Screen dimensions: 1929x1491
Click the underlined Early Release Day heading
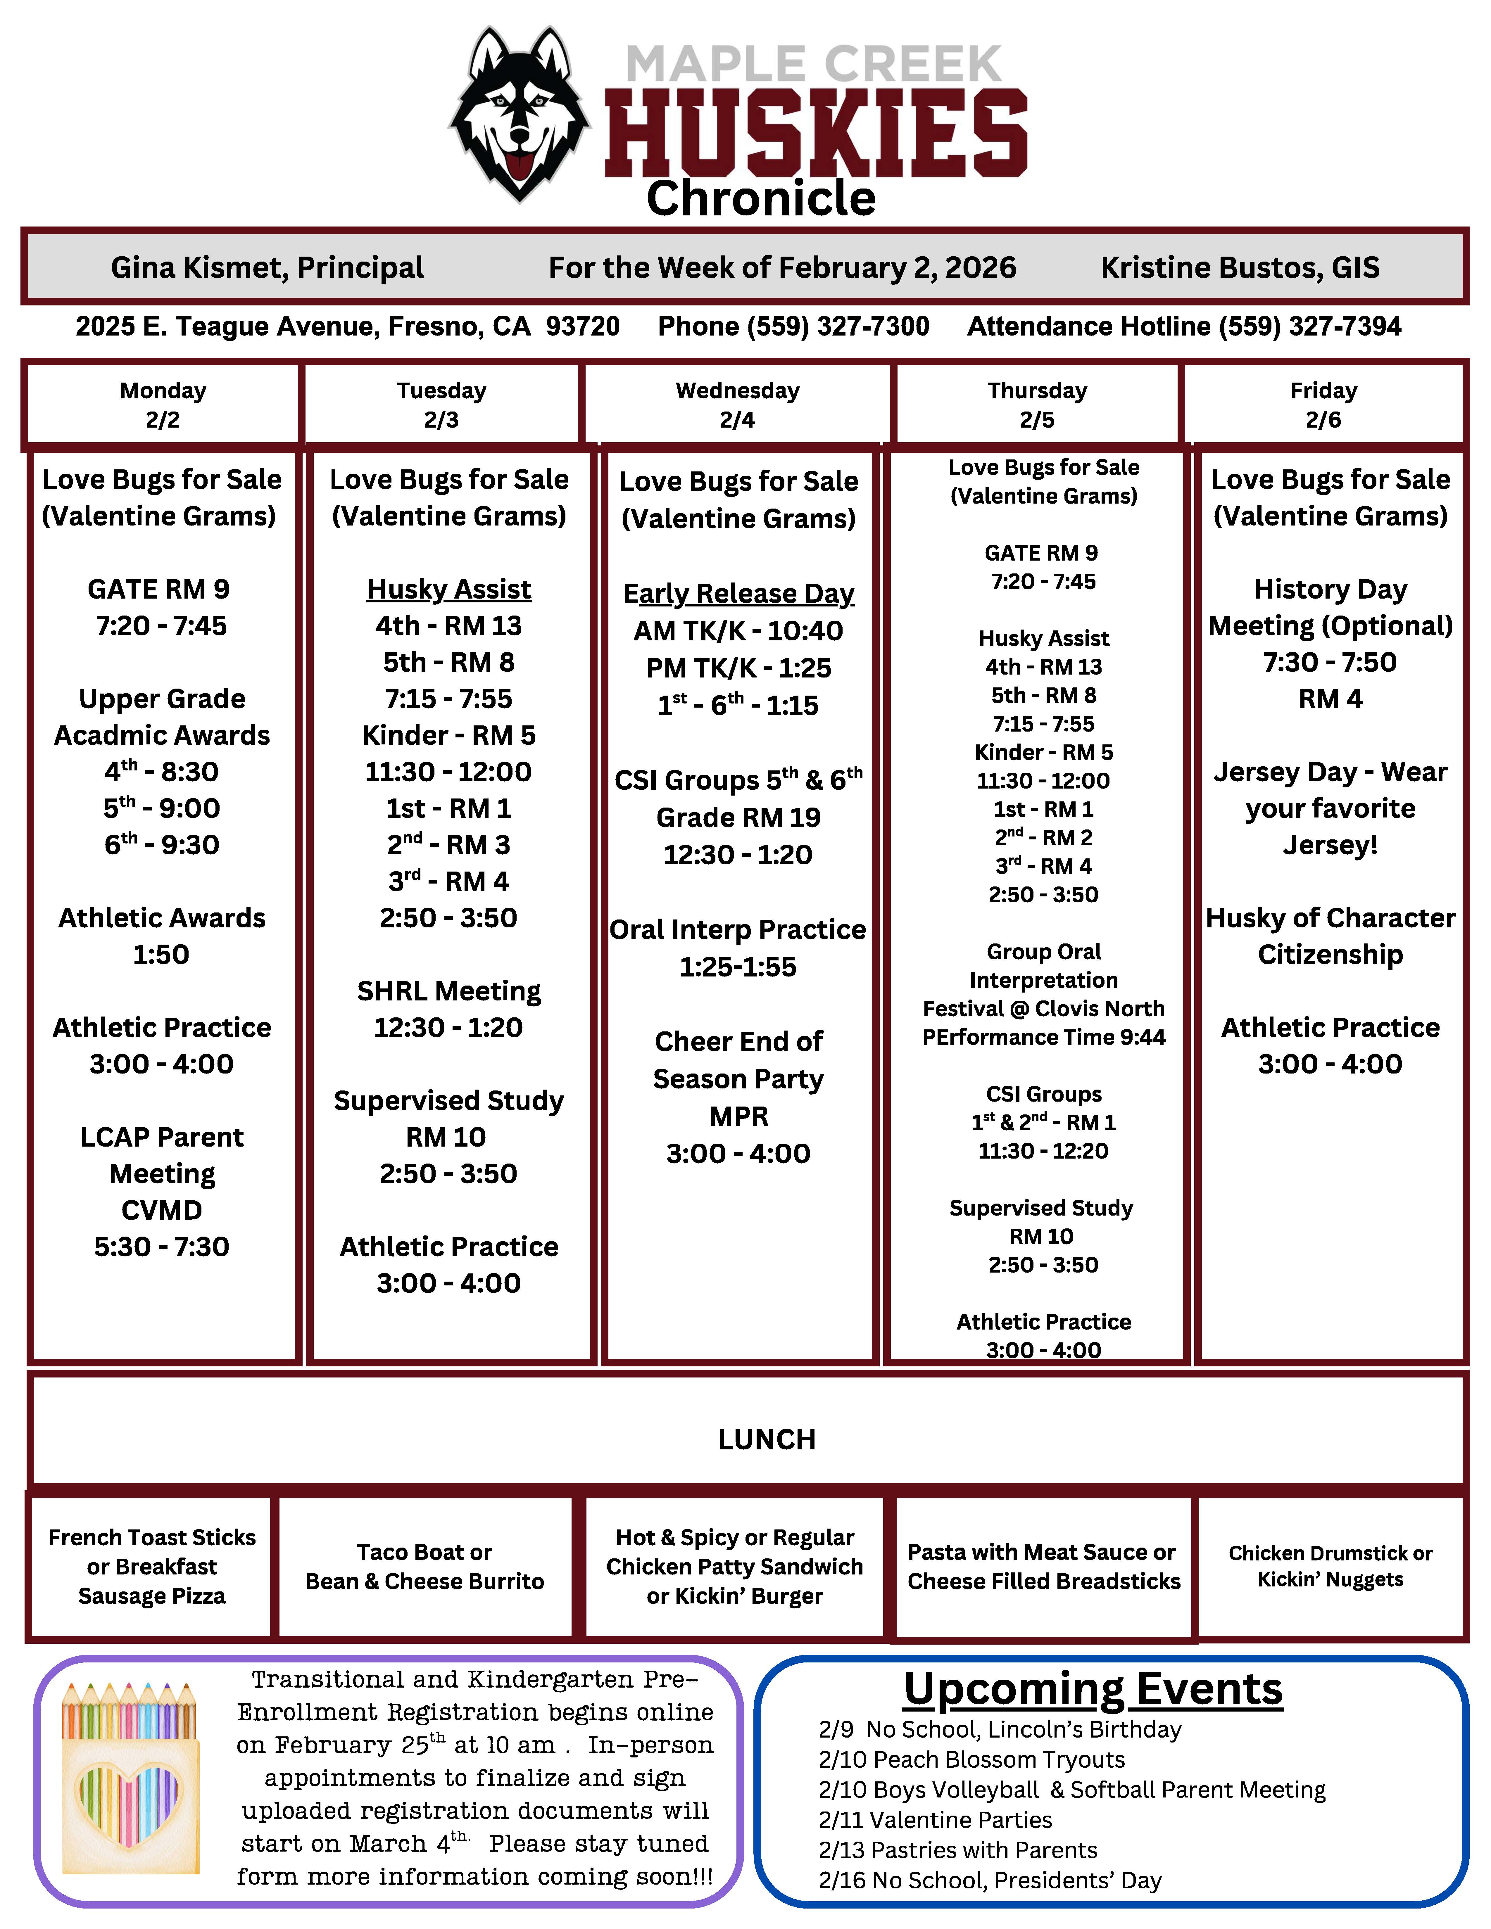point(738,594)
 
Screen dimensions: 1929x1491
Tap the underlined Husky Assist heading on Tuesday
point(449,589)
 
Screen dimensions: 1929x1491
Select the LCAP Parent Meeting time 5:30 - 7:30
point(162,1246)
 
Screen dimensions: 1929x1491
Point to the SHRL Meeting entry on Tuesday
point(449,991)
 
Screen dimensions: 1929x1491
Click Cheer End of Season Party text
point(738,1060)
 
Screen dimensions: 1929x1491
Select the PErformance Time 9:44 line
point(1043,1037)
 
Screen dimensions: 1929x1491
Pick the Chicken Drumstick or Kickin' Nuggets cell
point(1330,1566)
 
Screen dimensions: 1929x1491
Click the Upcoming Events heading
point(1093,1690)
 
